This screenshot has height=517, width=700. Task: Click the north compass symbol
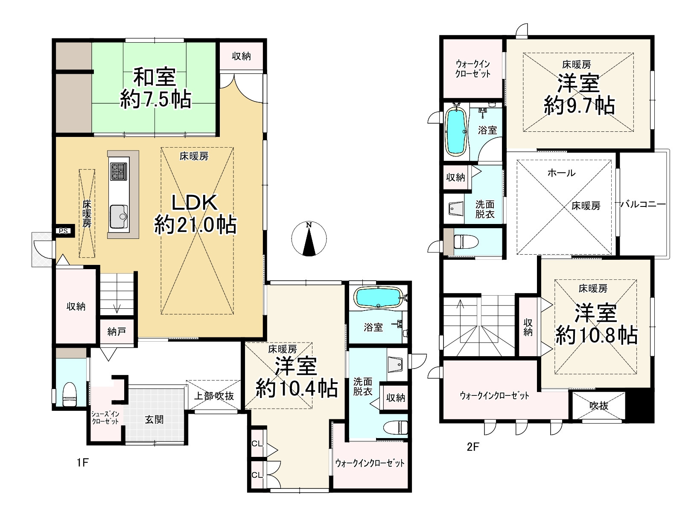click(x=309, y=238)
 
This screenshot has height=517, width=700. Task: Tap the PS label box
click(x=64, y=231)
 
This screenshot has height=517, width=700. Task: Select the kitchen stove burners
click(x=119, y=171)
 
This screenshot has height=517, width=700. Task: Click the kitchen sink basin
click(x=119, y=216)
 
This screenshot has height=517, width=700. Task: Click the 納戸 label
click(x=117, y=331)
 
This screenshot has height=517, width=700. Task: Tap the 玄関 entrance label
click(x=154, y=420)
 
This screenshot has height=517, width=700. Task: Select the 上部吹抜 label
click(x=214, y=396)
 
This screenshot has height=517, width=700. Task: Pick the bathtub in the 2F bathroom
click(x=456, y=131)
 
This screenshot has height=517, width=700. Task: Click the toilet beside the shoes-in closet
click(x=70, y=394)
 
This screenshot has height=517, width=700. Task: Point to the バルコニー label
click(x=643, y=204)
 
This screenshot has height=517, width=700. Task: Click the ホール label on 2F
click(x=561, y=172)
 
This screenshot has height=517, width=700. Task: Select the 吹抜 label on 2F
click(x=599, y=406)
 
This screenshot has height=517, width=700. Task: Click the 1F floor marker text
click(x=82, y=462)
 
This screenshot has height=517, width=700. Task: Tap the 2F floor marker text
click(x=473, y=447)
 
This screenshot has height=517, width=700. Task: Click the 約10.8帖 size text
click(x=596, y=335)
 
